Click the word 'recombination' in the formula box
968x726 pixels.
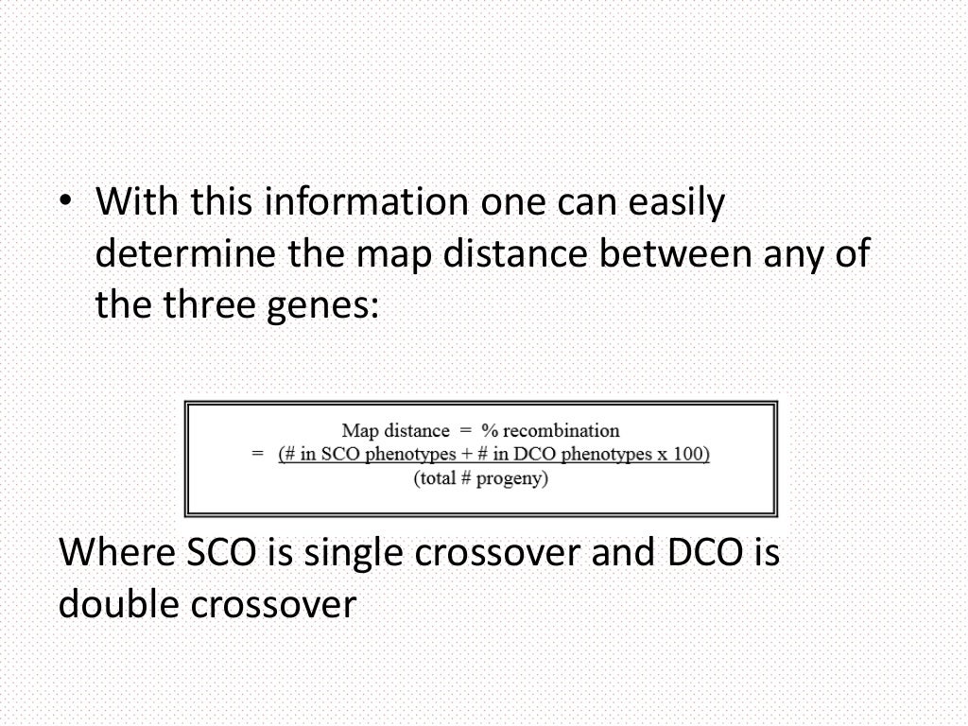point(563,431)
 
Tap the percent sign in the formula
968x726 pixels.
point(496,431)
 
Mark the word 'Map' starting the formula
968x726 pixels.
point(358,431)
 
